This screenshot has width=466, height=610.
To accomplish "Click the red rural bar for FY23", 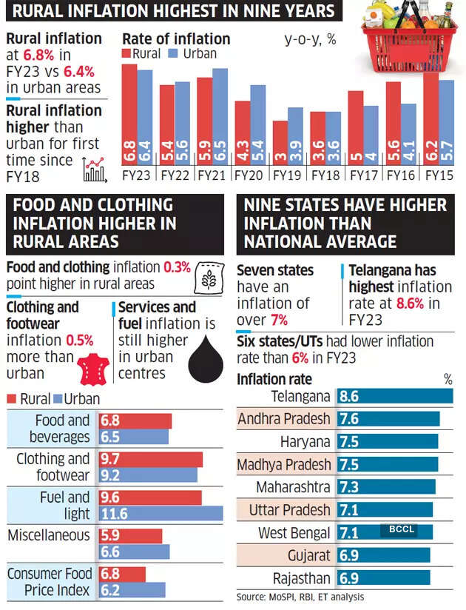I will [129, 115].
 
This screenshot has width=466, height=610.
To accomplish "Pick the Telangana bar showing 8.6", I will [395, 396].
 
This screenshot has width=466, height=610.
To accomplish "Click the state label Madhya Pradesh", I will [284, 465].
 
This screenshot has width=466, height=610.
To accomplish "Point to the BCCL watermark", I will [398, 529].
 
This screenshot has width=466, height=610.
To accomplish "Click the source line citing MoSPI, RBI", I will [300, 597].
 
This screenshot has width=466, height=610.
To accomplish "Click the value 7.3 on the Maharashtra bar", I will [349, 488].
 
